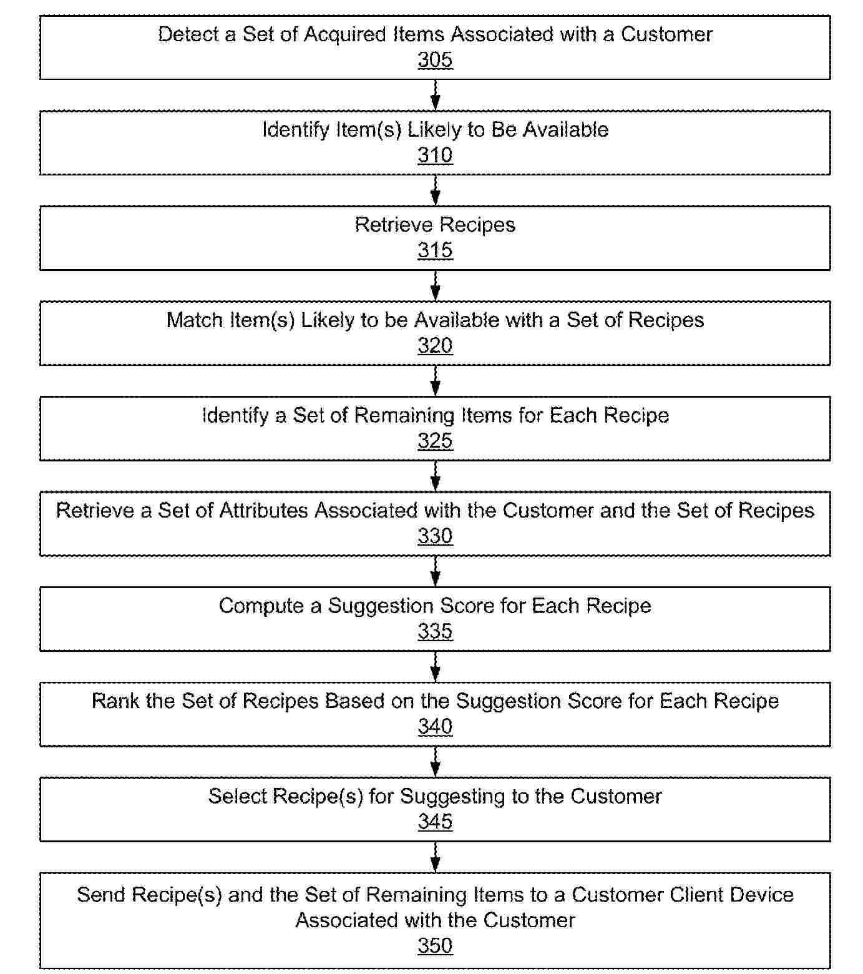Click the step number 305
pyautogui.click(x=435, y=60)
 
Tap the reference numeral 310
pyautogui.click(x=435, y=155)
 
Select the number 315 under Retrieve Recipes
pyautogui.click(x=435, y=250)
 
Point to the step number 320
pyautogui.click(x=435, y=345)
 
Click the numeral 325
pyautogui.click(x=435, y=441)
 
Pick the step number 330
pyautogui.click(x=435, y=536)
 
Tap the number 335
pyautogui.click(x=435, y=631)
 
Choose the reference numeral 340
pyautogui.click(x=435, y=726)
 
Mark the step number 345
pyautogui.click(x=435, y=822)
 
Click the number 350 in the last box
pyautogui.click(x=435, y=945)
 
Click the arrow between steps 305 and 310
pyautogui.click(x=436, y=95)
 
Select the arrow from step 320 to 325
pyautogui.click(x=436, y=381)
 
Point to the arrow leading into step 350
pyautogui.click(x=436, y=857)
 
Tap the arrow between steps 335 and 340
pyautogui.click(x=436, y=667)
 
